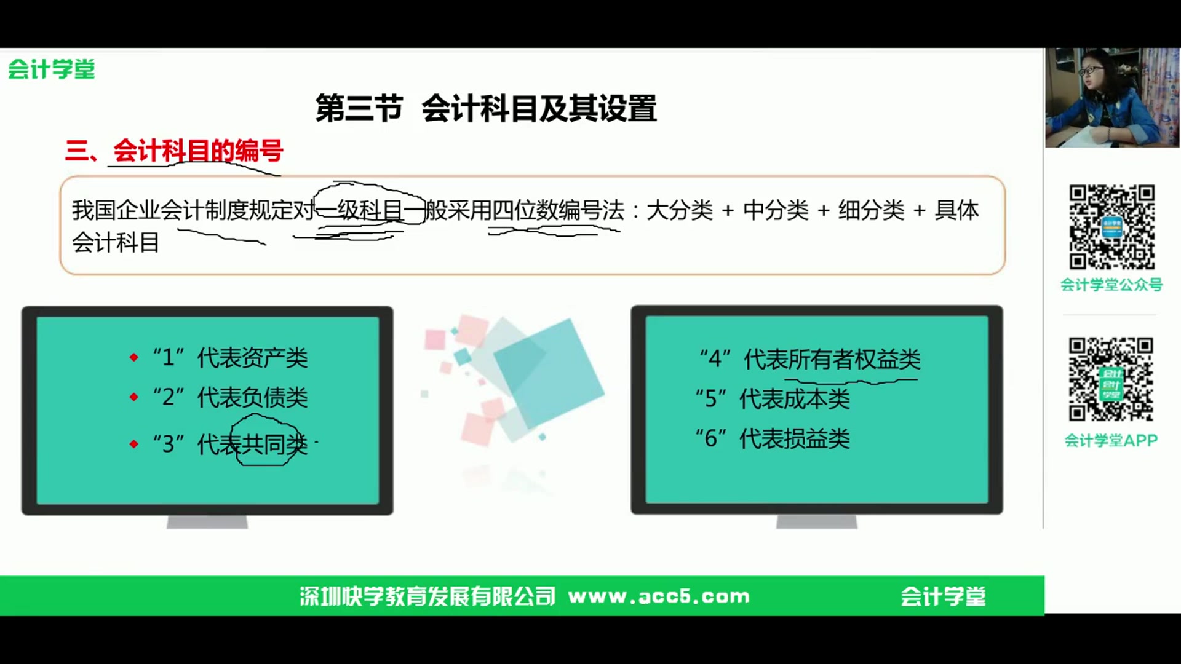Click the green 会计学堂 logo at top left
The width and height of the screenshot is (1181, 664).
point(52,69)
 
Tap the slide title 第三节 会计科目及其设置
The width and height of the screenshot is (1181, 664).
point(485,108)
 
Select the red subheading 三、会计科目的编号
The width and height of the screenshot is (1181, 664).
point(174,151)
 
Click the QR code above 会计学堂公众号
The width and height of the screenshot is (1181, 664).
point(1111,227)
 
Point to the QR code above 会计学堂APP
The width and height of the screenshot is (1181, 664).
point(1111,379)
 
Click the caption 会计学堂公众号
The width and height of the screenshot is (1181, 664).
point(1111,285)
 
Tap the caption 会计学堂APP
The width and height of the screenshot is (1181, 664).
point(1111,440)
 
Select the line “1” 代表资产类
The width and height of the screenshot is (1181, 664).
point(230,357)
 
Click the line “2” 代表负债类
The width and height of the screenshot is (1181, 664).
point(230,397)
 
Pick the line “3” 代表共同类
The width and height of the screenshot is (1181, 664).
point(230,443)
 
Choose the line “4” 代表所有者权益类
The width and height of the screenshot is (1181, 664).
point(810,359)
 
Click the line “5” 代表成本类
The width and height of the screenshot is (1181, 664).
point(773,399)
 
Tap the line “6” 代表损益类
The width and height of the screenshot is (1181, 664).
point(773,438)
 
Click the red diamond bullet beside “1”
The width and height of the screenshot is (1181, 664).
point(134,357)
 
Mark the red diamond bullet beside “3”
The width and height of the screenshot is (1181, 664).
point(134,443)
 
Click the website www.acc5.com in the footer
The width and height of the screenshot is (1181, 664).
point(659,596)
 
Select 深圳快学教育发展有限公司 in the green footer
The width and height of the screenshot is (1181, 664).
point(427,596)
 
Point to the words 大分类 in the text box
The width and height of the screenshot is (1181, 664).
point(679,210)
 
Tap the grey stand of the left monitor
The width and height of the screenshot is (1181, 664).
point(207,522)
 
